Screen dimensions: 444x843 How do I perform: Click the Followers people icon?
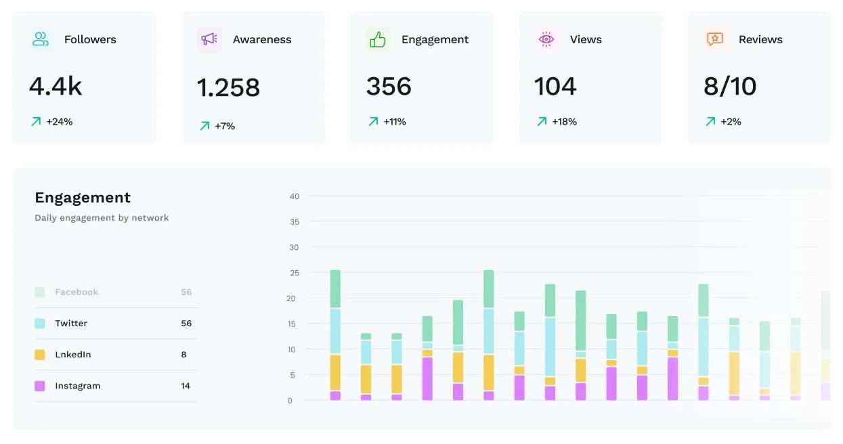pos(41,39)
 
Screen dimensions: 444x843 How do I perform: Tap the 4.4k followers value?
pos(56,87)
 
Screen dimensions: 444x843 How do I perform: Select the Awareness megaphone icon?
pos(209,39)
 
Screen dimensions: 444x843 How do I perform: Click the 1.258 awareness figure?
pos(228,87)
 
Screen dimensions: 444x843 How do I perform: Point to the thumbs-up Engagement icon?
pos(378,39)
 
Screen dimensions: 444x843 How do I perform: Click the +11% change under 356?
pos(394,122)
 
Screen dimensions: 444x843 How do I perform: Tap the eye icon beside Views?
pos(546,39)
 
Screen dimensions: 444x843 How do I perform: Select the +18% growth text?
pos(564,122)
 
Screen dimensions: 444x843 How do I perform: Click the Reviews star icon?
pos(715,39)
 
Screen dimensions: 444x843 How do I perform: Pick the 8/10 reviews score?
pos(730,87)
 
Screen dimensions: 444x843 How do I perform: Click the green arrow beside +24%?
pos(36,122)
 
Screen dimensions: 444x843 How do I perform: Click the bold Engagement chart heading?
pos(83,198)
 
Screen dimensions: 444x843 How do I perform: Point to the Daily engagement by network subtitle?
pos(102,218)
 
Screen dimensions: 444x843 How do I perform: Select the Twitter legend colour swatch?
pos(40,324)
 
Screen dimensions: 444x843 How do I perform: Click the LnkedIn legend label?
pos(73,355)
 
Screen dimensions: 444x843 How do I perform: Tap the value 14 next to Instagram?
pos(186,386)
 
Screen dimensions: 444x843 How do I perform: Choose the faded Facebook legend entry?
pos(77,292)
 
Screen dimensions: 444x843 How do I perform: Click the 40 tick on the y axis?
pos(294,196)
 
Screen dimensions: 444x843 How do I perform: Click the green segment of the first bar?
pos(335,289)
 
